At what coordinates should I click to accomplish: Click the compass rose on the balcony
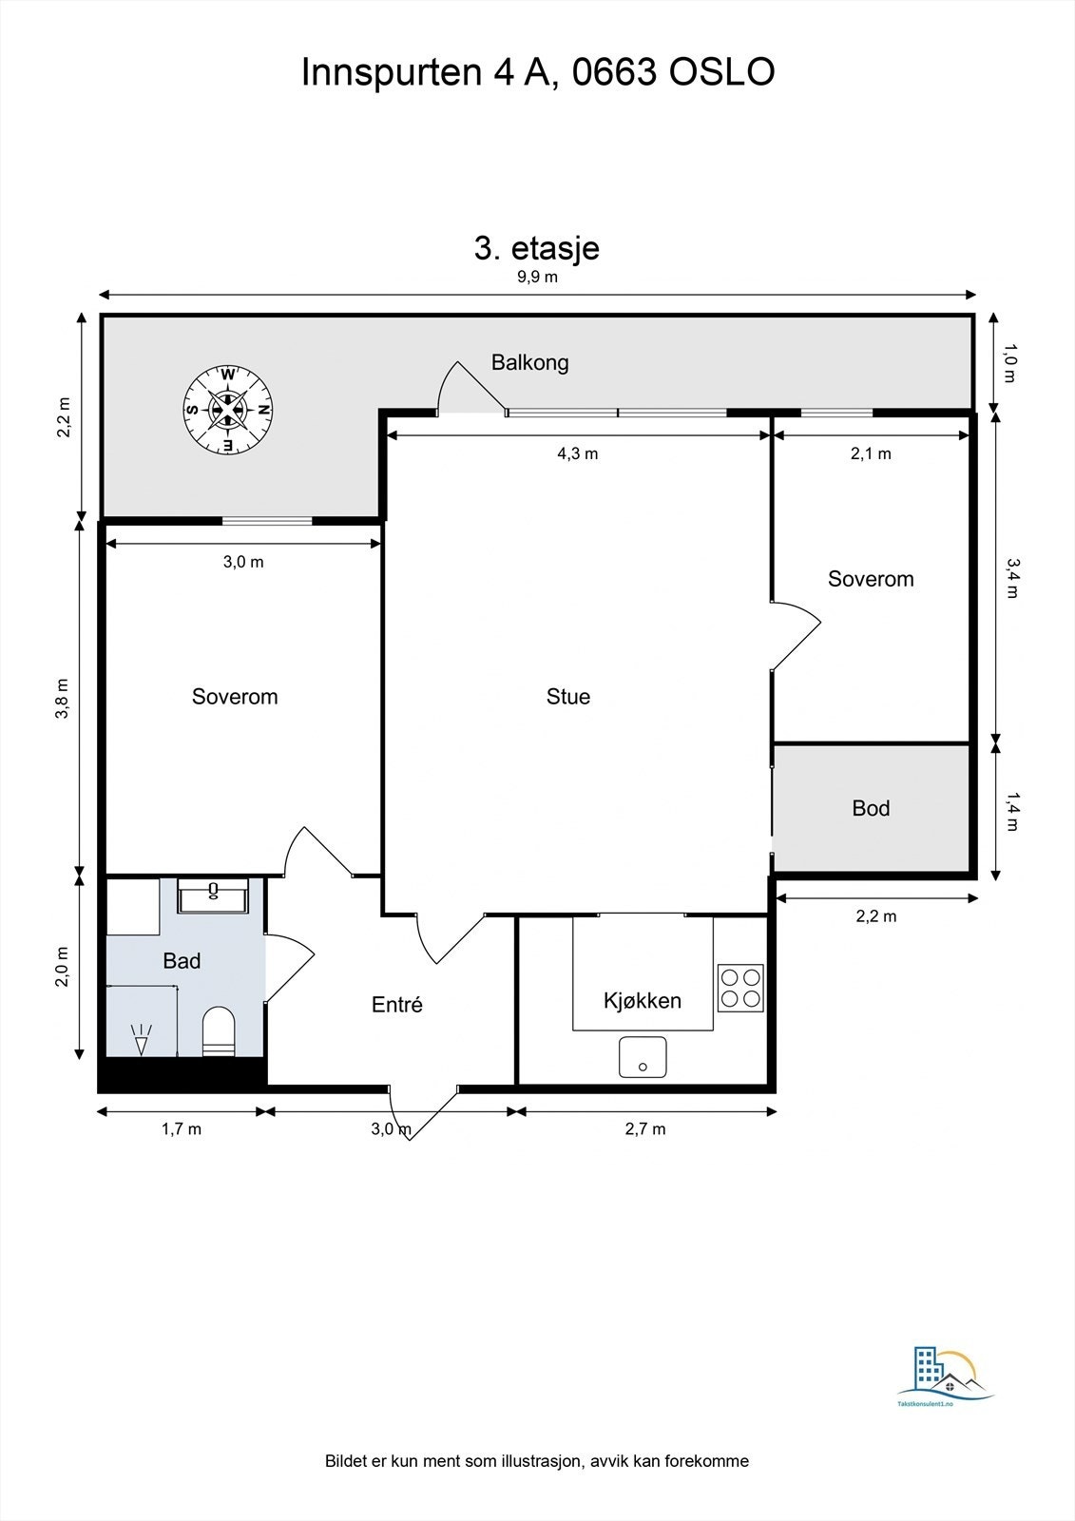[228, 410]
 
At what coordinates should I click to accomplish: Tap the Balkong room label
[529, 362]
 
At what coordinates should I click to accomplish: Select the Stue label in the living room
[567, 696]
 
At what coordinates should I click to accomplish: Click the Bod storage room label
[871, 808]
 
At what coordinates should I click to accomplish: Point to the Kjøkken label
[642, 1000]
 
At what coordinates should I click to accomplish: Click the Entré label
[396, 1004]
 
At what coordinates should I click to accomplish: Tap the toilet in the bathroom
[219, 1031]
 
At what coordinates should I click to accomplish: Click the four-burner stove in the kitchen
[740, 988]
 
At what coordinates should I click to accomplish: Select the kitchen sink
[643, 1056]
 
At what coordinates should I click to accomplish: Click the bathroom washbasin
[213, 895]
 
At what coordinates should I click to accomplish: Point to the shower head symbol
[141, 1040]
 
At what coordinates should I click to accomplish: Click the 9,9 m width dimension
[537, 277]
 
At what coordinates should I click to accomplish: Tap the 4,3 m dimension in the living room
[577, 453]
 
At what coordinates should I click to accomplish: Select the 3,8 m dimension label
[62, 698]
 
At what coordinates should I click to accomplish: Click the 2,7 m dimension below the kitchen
[645, 1128]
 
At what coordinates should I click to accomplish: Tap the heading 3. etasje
[536, 248]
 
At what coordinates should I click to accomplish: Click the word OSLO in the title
[721, 72]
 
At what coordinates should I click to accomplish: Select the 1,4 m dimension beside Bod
[1012, 812]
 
